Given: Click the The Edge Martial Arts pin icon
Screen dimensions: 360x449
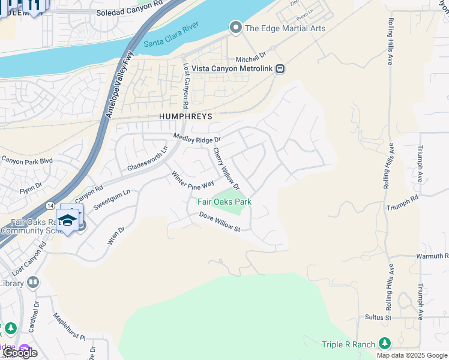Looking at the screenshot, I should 235,28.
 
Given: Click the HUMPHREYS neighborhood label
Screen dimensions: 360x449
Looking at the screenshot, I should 185,116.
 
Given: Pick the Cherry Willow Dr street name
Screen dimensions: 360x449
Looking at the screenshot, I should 226,168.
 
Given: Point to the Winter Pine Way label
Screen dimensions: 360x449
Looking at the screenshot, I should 193,181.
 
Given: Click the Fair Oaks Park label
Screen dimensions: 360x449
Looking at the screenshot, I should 224,202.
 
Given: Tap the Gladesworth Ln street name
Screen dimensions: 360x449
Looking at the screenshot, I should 148,160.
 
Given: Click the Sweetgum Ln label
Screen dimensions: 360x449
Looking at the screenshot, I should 112,198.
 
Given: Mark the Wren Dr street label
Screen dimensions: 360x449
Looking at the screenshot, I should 115,236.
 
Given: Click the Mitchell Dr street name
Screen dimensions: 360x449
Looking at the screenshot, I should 250,58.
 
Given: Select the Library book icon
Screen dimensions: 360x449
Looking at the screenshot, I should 33,282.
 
